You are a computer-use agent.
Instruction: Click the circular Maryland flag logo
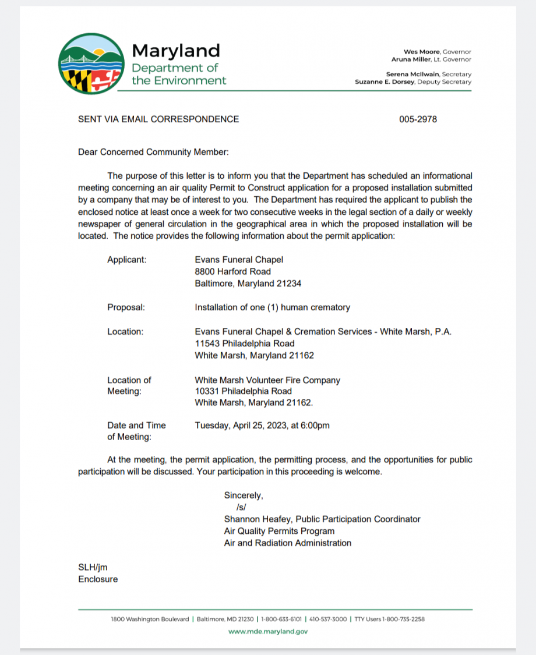coord(91,63)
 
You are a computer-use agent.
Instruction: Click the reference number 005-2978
coord(418,119)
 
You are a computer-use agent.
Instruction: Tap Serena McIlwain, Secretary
coord(428,75)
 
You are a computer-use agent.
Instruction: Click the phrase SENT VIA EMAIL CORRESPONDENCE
coord(158,119)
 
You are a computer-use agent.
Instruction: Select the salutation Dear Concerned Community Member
coord(153,152)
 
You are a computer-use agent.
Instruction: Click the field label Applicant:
coord(127,260)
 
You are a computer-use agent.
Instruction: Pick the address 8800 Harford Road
coord(232,271)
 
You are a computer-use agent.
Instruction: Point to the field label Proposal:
coord(126,307)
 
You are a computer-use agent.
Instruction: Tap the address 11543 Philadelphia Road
coord(245,344)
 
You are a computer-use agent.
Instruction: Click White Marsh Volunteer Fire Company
coord(267,380)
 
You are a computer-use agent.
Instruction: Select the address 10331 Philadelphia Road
coord(244,391)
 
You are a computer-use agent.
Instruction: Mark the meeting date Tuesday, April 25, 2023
coord(241,426)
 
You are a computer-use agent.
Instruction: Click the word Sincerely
coord(244,495)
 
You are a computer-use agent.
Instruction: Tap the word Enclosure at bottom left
coord(98,579)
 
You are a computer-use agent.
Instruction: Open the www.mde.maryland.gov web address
coord(268,631)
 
